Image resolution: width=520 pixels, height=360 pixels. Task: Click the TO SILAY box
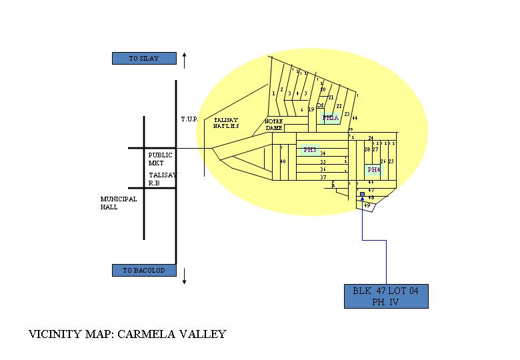click(144, 59)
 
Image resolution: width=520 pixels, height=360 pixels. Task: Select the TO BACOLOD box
click(144, 271)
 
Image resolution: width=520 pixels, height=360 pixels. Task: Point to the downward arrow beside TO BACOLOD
click(185, 275)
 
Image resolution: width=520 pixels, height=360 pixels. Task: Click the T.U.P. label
click(189, 119)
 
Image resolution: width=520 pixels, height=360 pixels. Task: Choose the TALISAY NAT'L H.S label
click(226, 123)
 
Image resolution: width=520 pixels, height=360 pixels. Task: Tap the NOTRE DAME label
click(274, 125)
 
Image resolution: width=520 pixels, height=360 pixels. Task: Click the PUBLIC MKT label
click(160, 159)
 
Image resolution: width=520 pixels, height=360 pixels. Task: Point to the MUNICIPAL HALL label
click(119, 203)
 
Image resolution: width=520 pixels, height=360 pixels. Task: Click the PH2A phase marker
click(331, 118)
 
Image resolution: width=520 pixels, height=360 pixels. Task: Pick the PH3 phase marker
click(310, 150)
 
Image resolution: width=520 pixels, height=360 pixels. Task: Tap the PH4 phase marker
click(374, 170)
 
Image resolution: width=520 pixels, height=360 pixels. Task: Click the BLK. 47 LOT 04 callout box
click(386, 296)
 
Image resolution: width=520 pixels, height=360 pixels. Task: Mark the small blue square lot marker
click(362, 195)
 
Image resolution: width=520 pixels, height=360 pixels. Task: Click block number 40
click(283, 161)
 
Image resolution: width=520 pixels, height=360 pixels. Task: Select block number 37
click(323, 177)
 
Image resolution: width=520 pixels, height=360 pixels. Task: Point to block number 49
click(367, 205)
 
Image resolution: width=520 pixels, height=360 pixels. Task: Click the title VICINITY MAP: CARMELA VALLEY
click(127, 334)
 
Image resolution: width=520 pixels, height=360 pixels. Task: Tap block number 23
click(347, 115)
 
